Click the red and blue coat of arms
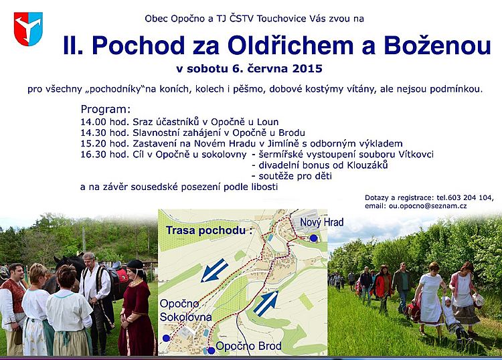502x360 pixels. (x=28, y=29)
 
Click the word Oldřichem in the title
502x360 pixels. (x=290, y=45)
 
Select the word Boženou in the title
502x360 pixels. (x=437, y=45)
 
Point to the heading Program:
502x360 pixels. (x=106, y=110)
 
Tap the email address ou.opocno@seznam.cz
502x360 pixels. (x=428, y=206)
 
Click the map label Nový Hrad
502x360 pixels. (x=322, y=222)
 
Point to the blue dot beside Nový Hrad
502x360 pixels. (x=313, y=238)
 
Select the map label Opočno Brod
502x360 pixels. (x=248, y=346)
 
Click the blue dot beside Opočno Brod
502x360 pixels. (x=212, y=351)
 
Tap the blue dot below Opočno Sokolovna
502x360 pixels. (x=166, y=338)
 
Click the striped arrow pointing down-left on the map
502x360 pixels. (x=214, y=270)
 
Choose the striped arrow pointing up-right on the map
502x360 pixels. (x=266, y=303)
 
